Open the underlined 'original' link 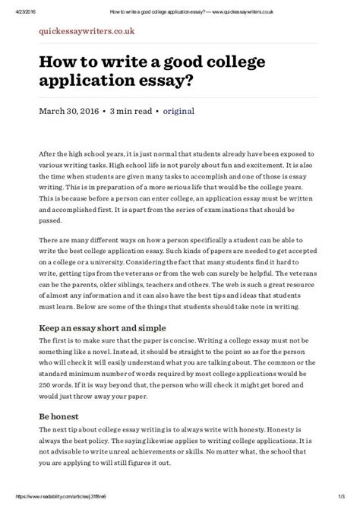(x=180, y=112)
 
